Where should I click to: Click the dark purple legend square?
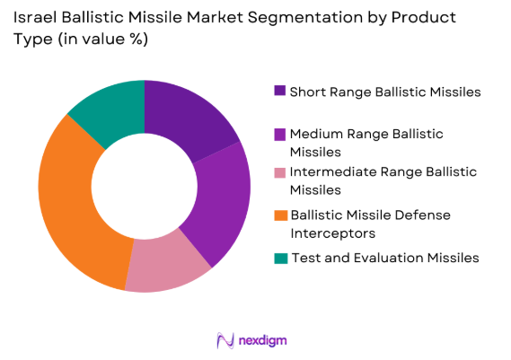[x=279, y=91]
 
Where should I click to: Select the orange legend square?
[x=279, y=215]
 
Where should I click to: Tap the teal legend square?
[x=279, y=258]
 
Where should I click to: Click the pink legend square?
[x=279, y=172]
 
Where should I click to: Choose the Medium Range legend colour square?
[x=279, y=134]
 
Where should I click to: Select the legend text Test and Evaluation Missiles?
[x=383, y=258]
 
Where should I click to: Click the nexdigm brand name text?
[x=264, y=340]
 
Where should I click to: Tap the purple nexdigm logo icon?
[x=225, y=340]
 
